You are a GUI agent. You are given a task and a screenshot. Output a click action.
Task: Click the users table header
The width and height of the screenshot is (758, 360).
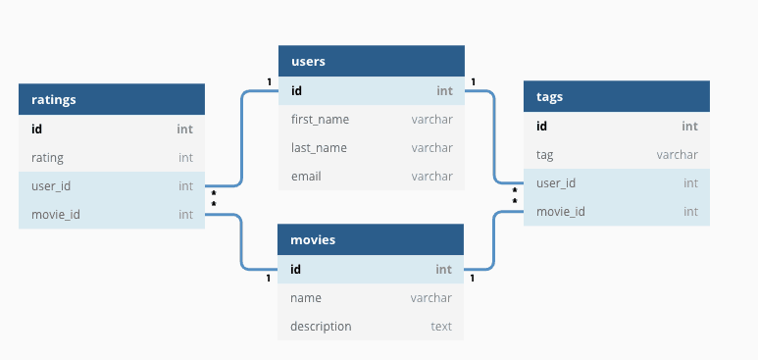[371, 61]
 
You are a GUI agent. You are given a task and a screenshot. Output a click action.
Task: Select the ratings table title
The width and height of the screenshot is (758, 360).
[112, 99]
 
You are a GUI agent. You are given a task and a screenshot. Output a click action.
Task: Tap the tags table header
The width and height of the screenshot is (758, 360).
[616, 96]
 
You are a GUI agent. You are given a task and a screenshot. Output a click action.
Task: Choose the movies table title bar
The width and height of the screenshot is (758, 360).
[371, 239]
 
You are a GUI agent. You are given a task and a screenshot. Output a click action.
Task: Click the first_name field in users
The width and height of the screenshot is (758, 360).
[320, 120]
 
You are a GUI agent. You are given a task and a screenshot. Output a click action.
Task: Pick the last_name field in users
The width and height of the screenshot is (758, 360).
[319, 148]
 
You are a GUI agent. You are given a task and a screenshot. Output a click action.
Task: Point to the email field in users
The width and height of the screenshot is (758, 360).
[306, 177]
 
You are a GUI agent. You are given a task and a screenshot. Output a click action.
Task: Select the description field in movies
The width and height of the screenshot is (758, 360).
[321, 326]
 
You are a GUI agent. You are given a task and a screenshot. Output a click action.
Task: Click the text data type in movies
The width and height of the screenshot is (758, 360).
[441, 326]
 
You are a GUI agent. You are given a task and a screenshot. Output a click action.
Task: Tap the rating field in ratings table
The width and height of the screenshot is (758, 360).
[48, 157]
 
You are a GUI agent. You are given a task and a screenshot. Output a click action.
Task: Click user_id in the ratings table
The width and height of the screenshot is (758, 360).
[51, 185]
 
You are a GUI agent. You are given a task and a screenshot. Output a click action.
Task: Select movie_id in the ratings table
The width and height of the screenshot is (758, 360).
[55, 214]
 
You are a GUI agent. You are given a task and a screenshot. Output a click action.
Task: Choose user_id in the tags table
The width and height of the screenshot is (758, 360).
[556, 183]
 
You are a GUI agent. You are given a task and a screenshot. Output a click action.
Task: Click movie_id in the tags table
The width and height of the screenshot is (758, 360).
[560, 212]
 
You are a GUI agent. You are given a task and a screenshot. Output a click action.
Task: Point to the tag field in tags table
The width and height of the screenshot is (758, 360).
[545, 155]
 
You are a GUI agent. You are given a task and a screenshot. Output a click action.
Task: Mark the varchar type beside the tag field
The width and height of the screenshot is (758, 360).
[677, 155]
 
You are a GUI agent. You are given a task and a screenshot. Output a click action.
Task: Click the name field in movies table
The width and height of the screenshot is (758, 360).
[306, 297]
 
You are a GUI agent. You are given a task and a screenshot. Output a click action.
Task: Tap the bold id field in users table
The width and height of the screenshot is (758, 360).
[297, 91]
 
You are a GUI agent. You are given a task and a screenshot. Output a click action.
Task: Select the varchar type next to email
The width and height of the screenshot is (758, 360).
[431, 177]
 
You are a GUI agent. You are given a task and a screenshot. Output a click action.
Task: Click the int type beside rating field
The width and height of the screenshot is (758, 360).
[185, 157]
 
